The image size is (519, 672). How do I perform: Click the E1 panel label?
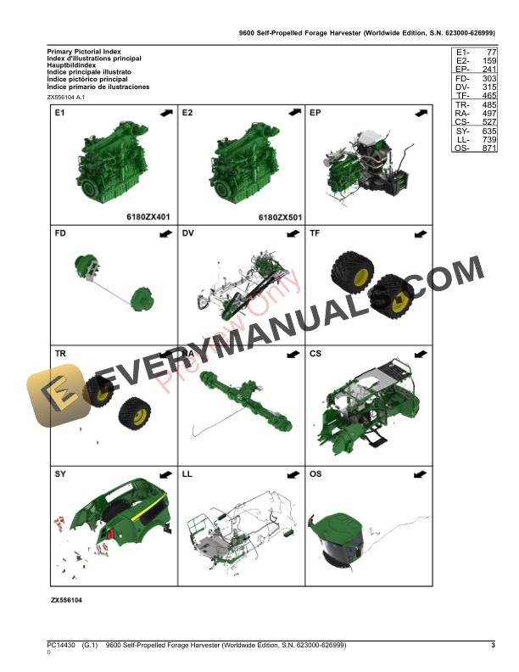(60, 113)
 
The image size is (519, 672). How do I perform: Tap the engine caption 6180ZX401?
(148, 216)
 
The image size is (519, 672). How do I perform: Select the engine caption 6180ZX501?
(279, 216)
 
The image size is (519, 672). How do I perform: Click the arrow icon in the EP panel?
(421, 113)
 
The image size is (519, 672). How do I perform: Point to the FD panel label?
(61, 232)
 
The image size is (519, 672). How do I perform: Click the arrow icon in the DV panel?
(293, 233)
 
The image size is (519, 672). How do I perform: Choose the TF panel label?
(315, 232)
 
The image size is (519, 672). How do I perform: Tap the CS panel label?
(316, 353)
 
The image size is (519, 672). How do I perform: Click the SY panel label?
(60, 473)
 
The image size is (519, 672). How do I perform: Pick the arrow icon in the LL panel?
(293, 474)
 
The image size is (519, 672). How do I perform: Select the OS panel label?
(316, 473)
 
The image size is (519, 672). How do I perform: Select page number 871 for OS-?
(484, 148)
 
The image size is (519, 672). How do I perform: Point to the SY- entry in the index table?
(462, 131)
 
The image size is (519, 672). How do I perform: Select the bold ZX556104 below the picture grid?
(70, 600)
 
